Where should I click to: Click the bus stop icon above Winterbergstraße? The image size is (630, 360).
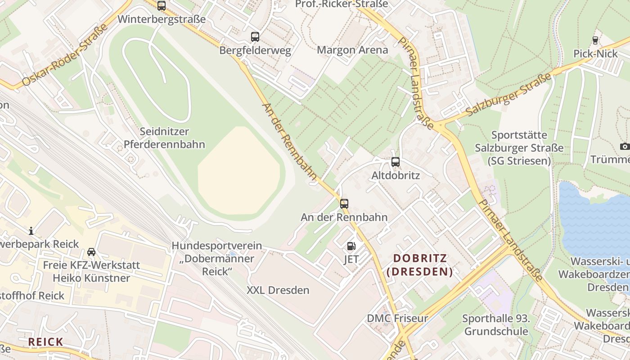point(162,6)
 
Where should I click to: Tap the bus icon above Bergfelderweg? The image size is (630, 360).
point(255,37)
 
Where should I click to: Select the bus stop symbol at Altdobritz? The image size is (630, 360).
point(396,162)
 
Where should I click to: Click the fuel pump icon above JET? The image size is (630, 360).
point(351,246)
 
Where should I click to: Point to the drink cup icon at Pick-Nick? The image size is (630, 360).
point(596,40)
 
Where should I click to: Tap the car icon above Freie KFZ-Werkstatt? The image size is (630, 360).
point(91,252)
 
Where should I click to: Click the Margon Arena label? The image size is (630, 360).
point(352,50)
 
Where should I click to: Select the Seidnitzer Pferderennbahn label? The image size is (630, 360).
point(164,138)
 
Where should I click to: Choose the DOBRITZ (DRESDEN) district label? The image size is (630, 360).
point(420,265)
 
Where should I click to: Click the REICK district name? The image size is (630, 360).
point(45,342)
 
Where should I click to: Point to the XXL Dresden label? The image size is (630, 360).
point(278,290)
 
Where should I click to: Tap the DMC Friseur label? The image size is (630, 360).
point(397,319)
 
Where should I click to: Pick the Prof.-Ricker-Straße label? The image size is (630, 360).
point(341,4)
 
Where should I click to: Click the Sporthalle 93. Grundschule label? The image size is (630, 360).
point(495,325)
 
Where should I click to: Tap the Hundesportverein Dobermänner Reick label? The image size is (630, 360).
point(217,259)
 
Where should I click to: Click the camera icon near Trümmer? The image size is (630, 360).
point(625,146)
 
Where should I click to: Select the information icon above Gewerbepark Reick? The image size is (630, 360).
point(31,231)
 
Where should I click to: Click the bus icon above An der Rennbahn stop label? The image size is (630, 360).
point(344,203)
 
